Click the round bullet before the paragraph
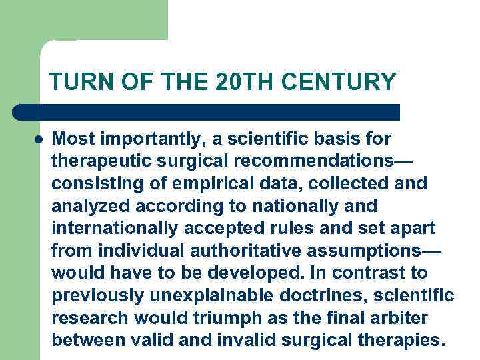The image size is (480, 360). click(x=39, y=140)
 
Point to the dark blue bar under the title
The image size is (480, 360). click(x=207, y=111)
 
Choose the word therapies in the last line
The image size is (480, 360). click(x=399, y=341)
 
